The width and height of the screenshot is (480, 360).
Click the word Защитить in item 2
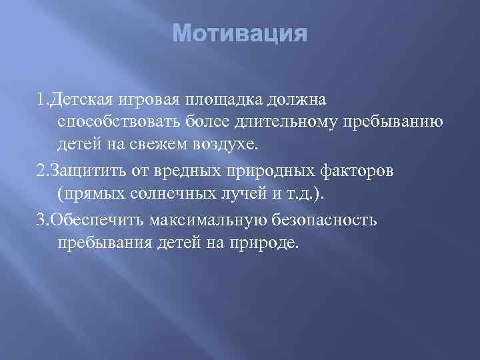click(85, 169)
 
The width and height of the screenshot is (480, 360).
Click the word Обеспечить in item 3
click(93, 217)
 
